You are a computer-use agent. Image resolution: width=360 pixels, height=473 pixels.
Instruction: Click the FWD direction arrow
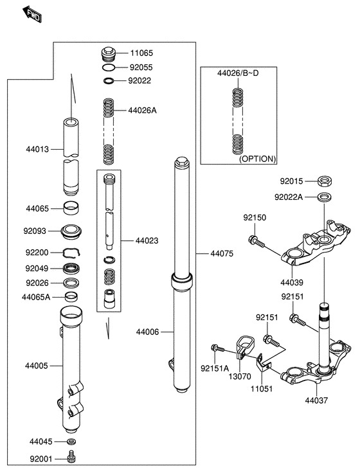click(x=32, y=14)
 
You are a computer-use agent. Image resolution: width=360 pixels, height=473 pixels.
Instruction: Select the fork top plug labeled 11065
click(x=108, y=55)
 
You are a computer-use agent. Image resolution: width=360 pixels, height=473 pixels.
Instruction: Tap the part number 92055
click(x=141, y=67)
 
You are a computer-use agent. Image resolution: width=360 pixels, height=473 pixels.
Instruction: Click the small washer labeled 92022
click(x=109, y=81)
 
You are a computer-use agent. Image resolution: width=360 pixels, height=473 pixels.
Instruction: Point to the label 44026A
click(x=143, y=111)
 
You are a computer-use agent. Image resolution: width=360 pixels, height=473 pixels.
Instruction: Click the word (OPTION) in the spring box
click(x=257, y=159)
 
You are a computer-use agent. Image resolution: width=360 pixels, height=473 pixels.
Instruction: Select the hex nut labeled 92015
click(x=325, y=181)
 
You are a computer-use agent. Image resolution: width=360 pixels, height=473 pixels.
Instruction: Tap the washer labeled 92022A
click(x=325, y=197)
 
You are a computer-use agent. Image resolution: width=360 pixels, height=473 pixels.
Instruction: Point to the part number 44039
click(x=292, y=283)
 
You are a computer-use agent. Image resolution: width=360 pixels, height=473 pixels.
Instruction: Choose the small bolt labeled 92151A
click(x=218, y=348)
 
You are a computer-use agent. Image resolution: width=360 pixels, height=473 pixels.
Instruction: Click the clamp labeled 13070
click(x=245, y=348)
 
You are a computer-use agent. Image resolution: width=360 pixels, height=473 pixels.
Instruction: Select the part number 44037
click(x=316, y=400)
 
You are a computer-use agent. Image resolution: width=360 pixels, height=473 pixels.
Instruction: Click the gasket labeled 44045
click(x=71, y=442)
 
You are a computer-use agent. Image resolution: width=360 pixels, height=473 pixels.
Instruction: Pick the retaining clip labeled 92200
click(x=71, y=253)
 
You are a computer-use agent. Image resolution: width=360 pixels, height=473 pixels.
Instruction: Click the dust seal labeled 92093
click(x=71, y=231)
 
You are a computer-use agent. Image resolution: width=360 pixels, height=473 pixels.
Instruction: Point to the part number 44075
click(x=222, y=254)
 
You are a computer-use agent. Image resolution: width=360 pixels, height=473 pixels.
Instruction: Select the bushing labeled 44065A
click(x=71, y=297)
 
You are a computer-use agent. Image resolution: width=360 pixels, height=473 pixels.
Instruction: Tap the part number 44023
click(x=147, y=241)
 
